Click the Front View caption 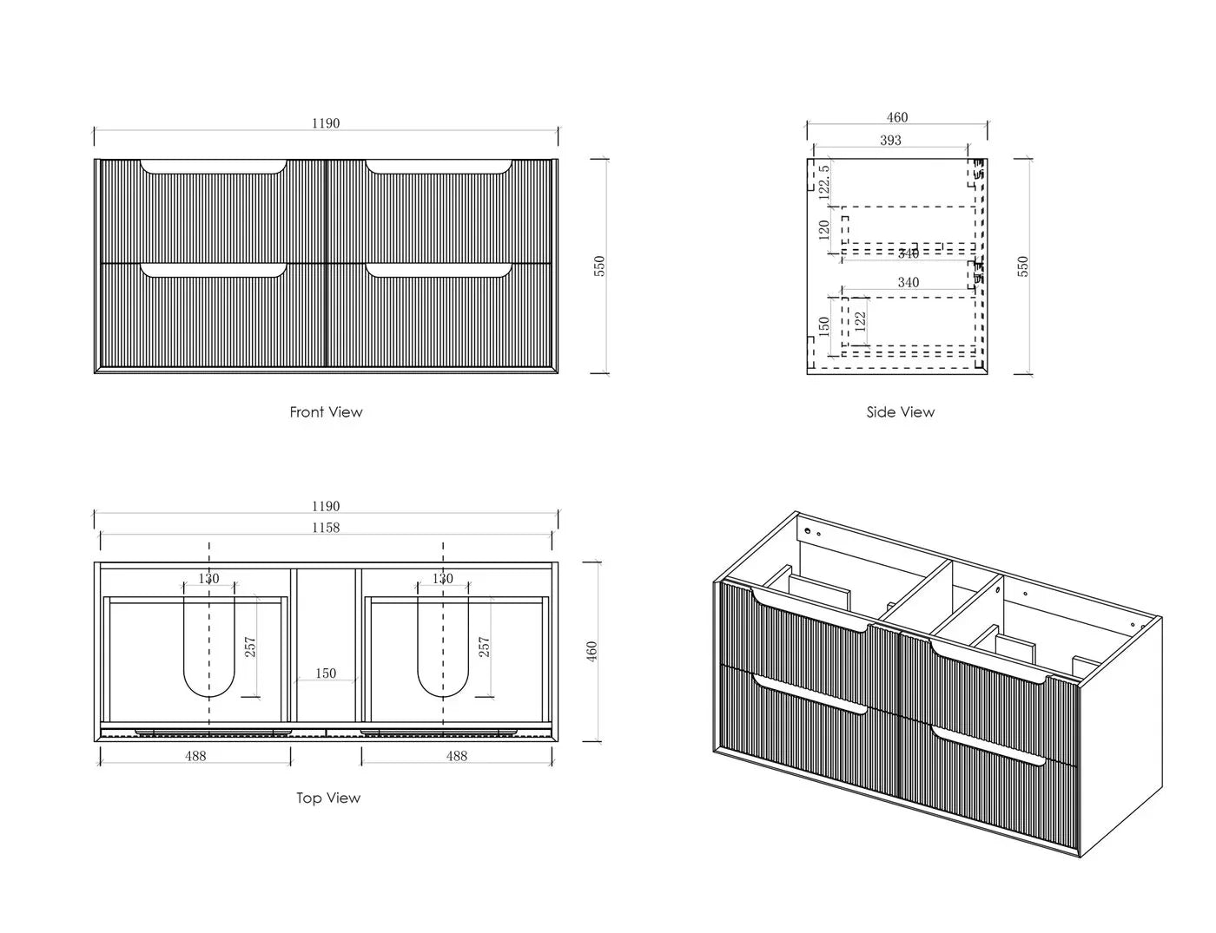[326, 412]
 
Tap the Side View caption [901, 412]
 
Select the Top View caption [328, 798]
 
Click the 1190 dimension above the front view [326, 123]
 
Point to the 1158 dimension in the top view [326, 527]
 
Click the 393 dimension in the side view [890, 141]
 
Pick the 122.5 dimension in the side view [823, 181]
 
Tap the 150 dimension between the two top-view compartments [326, 673]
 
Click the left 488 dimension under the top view [195, 756]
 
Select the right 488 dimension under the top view [457, 756]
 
